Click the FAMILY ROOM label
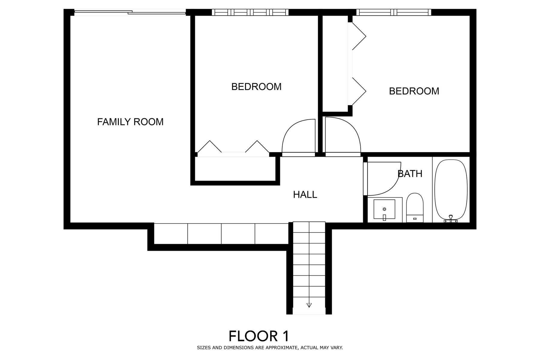click(x=130, y=122)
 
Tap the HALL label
click(x=305, y=195)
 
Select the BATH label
click(x=410, y=174)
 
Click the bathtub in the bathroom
click(x=451, y=191)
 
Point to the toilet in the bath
click(x=415, y=208)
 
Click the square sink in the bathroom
click(x=384, y=209)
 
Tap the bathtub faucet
click(x=451, y=219)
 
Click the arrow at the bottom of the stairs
click(x=309, y=305)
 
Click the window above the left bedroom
click(x=250, y=12)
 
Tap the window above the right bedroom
click(x=394, y=12)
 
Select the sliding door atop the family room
click(x=130, y=13)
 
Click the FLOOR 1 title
click(x=259, y=336)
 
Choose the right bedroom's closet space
click(x=335, y=63)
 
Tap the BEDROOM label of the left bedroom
click(x=256, y=87)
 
